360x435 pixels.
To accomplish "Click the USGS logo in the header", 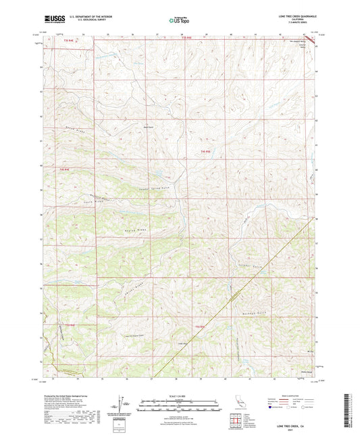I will coord(52,20).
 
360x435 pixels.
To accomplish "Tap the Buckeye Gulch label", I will coord(253,313).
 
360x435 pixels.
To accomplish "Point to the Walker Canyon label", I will coord(221,347).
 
